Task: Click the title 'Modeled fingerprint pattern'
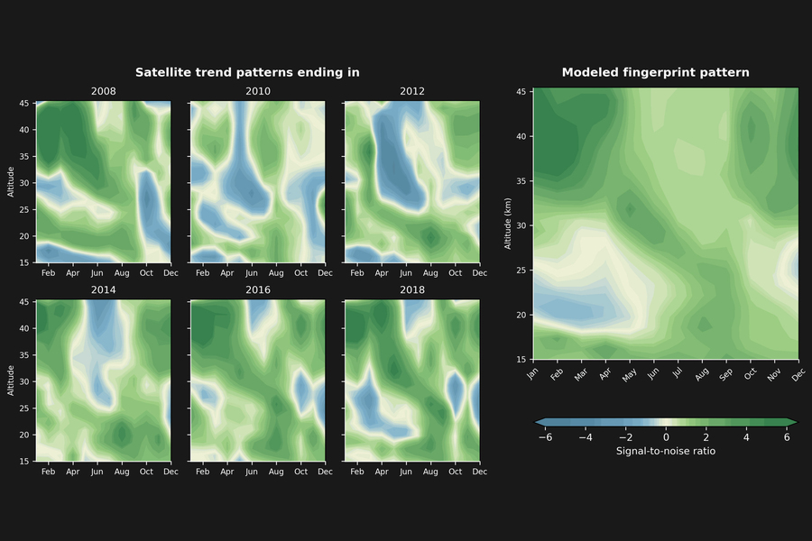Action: [x=655, y=72]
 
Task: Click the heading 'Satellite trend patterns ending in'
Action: [x=247, y=72]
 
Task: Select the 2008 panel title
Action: [x=103, y=91]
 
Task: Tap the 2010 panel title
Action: [x=257, y=91]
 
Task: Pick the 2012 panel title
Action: [x=411, y=91]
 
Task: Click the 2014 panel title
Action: [x=103, y=289]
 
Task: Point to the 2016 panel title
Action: [x=257, y=289]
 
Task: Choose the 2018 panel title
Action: [x=411, y=289]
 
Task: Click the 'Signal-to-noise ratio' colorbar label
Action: [x=666, y=451]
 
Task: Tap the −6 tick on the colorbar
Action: [x=545, y=437]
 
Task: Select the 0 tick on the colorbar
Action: [x=666, y=437]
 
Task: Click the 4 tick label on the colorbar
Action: [x=746, y=437]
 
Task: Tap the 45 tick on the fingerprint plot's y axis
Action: [x=521, y=92]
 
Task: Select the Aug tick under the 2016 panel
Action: [x=276, y=472]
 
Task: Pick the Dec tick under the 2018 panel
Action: [x=479, y=472]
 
